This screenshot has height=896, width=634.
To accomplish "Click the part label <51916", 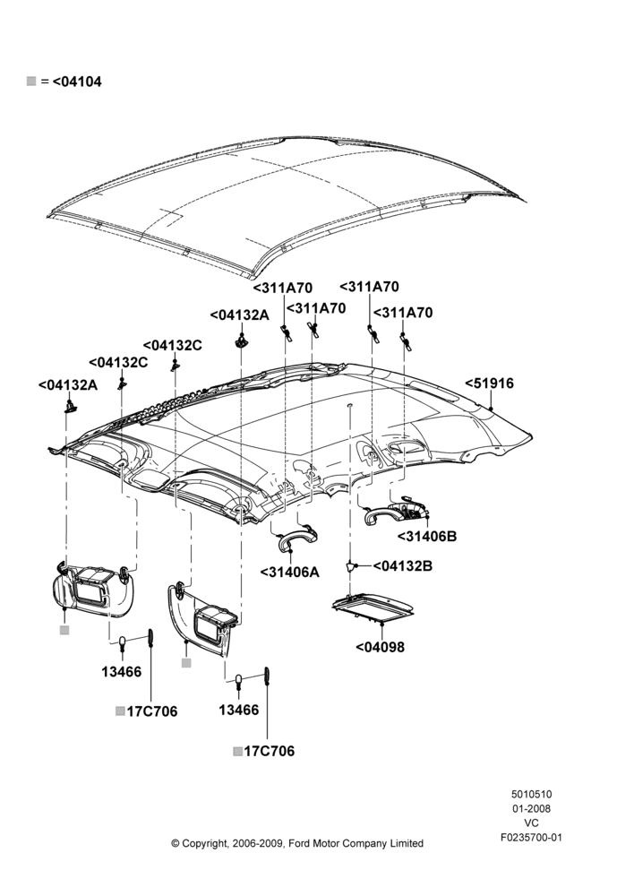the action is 489,383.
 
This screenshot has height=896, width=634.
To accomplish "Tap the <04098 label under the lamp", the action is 380,647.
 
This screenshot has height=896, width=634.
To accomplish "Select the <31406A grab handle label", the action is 289,572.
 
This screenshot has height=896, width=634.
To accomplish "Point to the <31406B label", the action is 426,536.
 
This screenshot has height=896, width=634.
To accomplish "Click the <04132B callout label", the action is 403,565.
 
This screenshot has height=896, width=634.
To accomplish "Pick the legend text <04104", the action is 77,82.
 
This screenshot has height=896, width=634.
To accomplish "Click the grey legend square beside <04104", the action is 31,82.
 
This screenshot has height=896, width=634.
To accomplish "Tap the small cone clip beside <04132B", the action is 349,566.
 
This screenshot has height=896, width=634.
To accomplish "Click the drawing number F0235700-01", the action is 531,838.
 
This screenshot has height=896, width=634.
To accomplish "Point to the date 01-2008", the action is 531,808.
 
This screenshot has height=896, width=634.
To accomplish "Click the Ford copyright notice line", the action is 297,843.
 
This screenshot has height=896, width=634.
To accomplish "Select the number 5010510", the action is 531,794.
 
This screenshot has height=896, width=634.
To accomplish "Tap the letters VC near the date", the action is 531,823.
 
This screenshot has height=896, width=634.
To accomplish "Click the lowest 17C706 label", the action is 269,751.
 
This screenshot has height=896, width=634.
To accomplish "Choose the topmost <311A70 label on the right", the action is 370,287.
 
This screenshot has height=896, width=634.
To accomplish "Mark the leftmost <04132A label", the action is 68,384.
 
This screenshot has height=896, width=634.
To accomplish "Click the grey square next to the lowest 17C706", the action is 237,751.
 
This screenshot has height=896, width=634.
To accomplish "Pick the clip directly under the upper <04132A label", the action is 242,340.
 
